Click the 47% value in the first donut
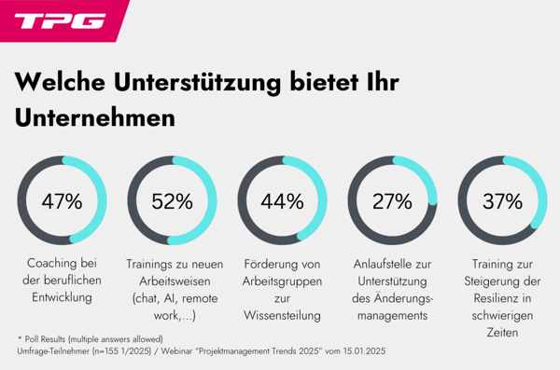[63, 201]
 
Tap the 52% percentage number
[172, 201]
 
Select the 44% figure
[282, 201]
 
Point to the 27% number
[392, 201]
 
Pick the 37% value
[502, 201]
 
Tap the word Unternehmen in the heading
[95, 119]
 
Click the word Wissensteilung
[282, 315]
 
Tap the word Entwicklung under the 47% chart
[63, 298]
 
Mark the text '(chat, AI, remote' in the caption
[172, 298]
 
